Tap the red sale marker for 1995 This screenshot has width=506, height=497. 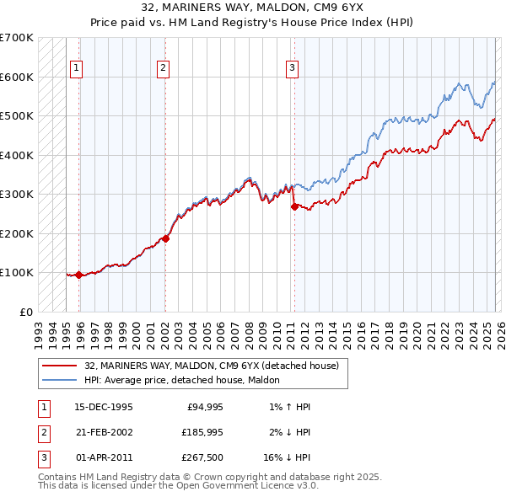click(x=79, y=275)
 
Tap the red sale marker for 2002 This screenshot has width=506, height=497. click(x=166, y=238)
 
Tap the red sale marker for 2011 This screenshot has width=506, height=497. click(x=294, y=206)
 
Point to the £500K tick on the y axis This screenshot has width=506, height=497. click(x=17, y=116)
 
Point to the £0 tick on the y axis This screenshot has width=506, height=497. click(x=25, y=312)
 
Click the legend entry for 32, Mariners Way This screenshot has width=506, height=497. click(x=211, y=366)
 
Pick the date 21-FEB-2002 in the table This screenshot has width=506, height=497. click(x=104, y=433)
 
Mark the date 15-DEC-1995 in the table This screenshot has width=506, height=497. click(x=104, y=406)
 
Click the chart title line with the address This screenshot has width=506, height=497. click(x=253, y=9)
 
